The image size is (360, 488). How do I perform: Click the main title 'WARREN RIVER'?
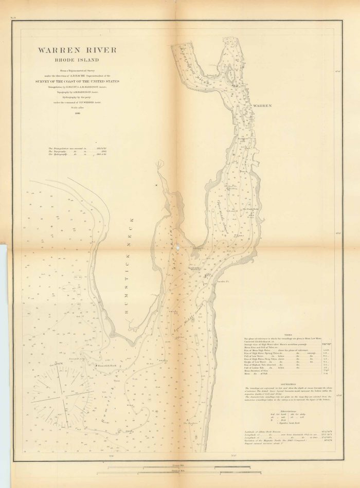tap(76, 50)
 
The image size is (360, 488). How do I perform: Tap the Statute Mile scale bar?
tap(175, 466)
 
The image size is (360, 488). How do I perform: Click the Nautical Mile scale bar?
tap(175, 472)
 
